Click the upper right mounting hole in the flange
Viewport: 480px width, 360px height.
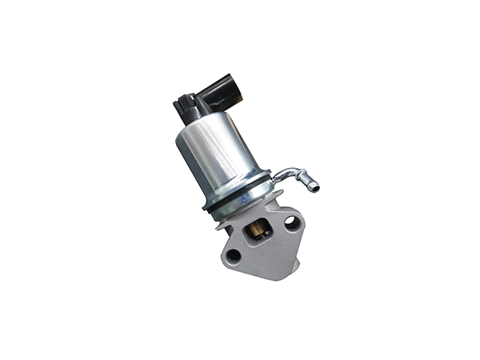click(x=290, y=224)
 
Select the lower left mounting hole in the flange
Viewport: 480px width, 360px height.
click(x=233, y=255)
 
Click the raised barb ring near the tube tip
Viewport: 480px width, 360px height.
click(x=308, y=182)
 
